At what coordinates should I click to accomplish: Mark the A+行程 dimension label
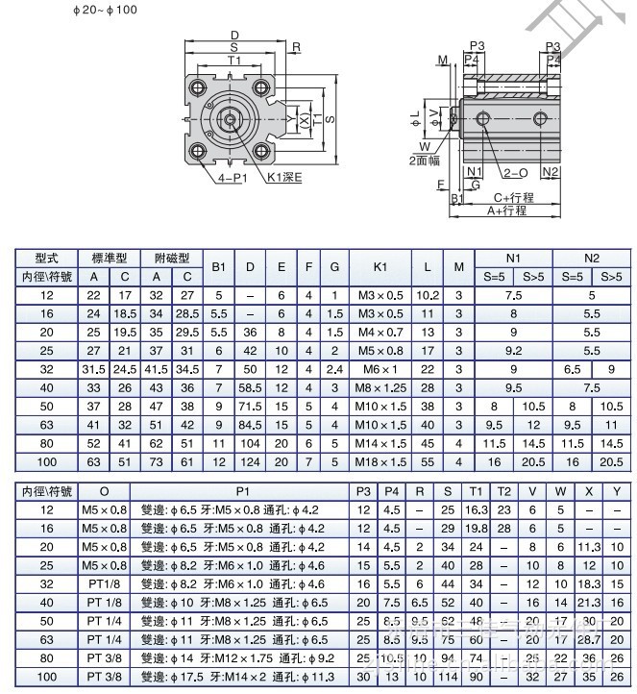coord(506,211)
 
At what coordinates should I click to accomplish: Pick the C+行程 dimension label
coord(511,199)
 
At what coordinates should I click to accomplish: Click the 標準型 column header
coord(109,259)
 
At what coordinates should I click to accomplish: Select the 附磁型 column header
coord(172,259)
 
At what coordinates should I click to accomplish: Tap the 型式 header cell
coord(46,259)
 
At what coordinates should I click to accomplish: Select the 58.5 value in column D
coord(250,386)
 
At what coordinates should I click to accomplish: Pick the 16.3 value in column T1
coord(477,509)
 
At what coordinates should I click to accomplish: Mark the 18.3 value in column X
coord(591,583)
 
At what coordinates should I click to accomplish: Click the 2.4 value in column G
coord(334,368)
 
